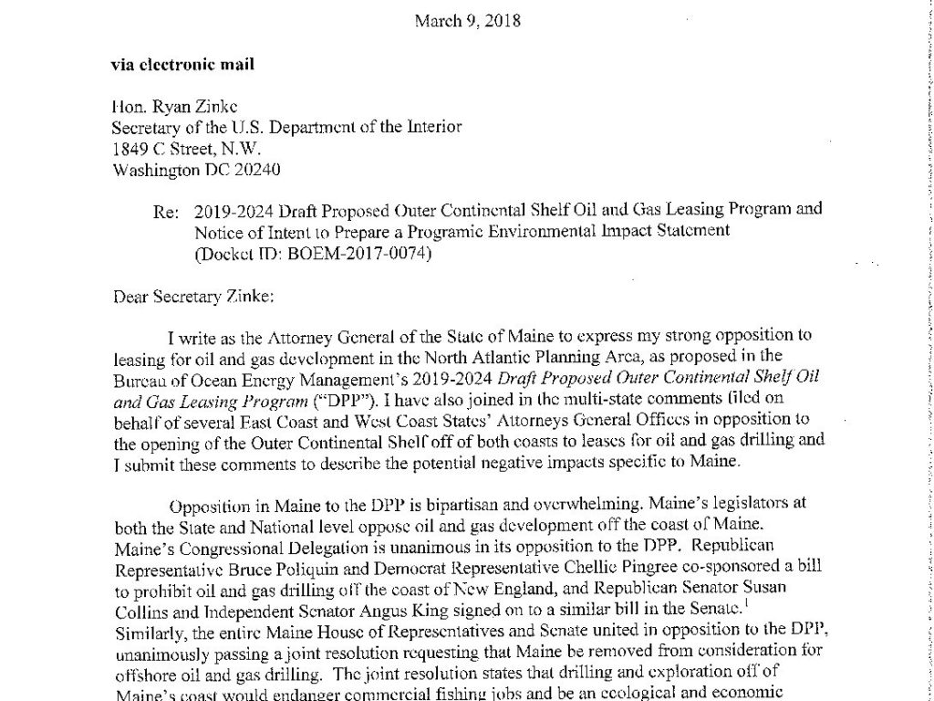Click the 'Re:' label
[166, 210]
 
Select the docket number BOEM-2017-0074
[355, 253]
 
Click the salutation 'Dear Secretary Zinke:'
[189, 295]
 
